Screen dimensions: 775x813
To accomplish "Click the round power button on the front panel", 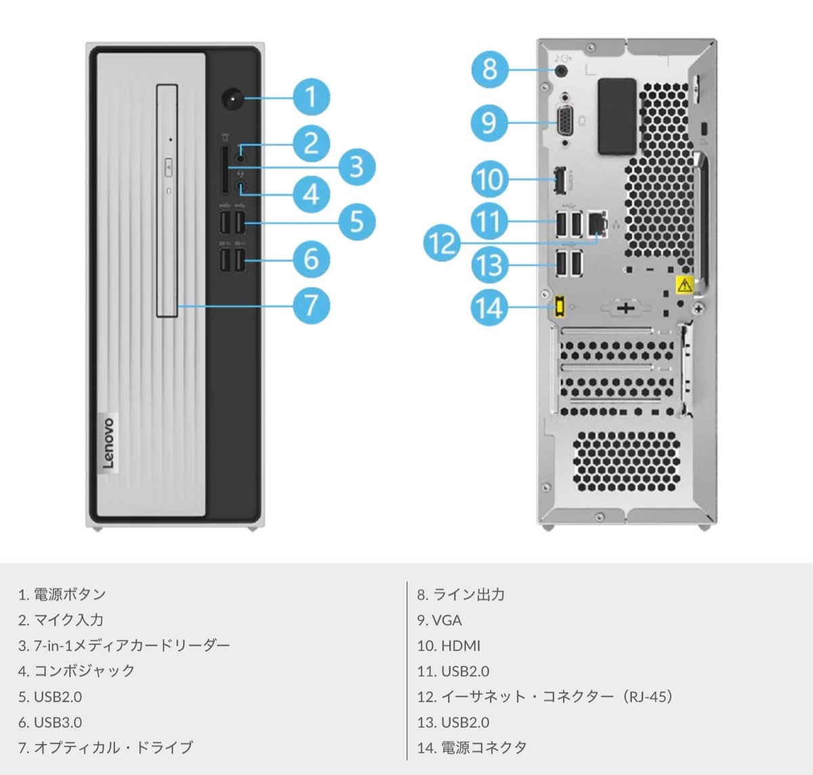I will point(233,100).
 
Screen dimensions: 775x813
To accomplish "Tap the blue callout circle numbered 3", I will point(356,167).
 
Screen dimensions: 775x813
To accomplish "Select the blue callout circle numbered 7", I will point(311,305).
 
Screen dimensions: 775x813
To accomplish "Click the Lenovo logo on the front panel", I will point(108,442).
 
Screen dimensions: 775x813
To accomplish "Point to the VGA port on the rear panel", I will point(564,123).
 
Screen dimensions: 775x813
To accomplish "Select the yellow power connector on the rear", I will point(560,308).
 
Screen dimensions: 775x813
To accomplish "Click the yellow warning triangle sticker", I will point(684,285).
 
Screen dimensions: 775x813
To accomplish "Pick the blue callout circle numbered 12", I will point(442,243).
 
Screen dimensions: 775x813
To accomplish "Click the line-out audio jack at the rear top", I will point(562,68).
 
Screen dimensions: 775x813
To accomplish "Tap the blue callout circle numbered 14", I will point(489,308).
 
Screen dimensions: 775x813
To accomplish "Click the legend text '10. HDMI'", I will point(449,646).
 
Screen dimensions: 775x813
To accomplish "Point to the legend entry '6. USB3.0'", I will point(50,722).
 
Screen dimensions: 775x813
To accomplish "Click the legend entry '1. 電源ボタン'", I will point(62,594).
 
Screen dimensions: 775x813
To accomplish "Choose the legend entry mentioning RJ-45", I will point(545,696).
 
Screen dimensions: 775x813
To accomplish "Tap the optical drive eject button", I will point(168,164).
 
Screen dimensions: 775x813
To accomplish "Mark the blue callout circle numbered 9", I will point(489,123).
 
